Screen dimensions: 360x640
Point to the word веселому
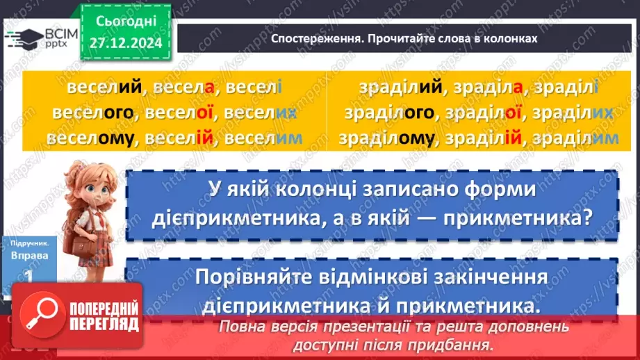[x=90, y=139]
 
